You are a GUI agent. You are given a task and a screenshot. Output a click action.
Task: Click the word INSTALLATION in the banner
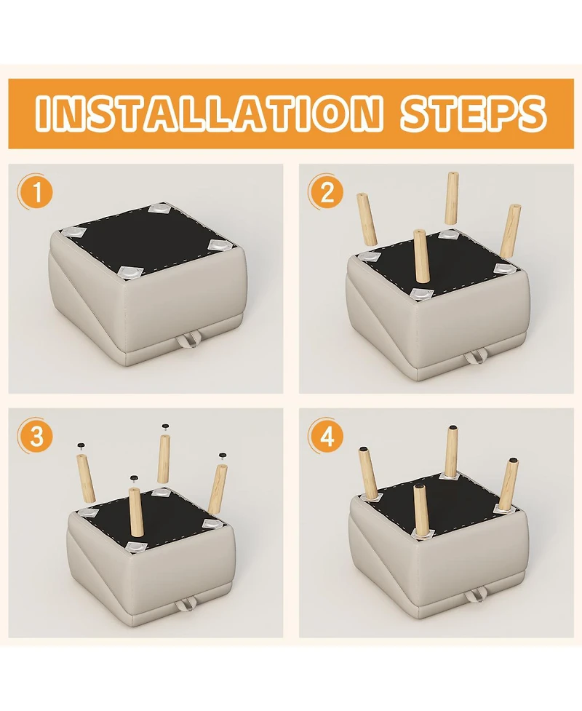[207, 112]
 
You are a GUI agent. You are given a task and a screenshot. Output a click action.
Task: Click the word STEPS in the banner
[474, 112]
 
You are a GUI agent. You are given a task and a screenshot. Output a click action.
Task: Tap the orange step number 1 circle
[36, 193]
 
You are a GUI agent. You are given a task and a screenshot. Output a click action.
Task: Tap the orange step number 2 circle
[327, 193]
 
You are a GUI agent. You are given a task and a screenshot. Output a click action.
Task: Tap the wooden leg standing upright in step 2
[421, 257]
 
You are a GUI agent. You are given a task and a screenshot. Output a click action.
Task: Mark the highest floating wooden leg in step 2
[451, 198]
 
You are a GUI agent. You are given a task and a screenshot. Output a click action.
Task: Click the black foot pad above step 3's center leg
[133, 478]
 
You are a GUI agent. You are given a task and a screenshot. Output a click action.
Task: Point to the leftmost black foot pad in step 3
[81, 446]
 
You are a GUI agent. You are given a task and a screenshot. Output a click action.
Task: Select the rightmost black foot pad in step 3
[222, 456]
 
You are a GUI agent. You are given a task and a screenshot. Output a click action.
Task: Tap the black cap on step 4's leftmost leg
[364, 449]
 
